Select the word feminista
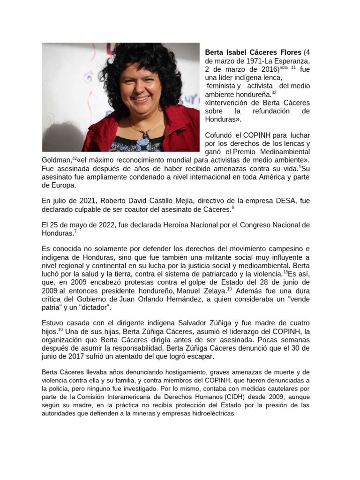click(223, 86)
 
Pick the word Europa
click(55, 186)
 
